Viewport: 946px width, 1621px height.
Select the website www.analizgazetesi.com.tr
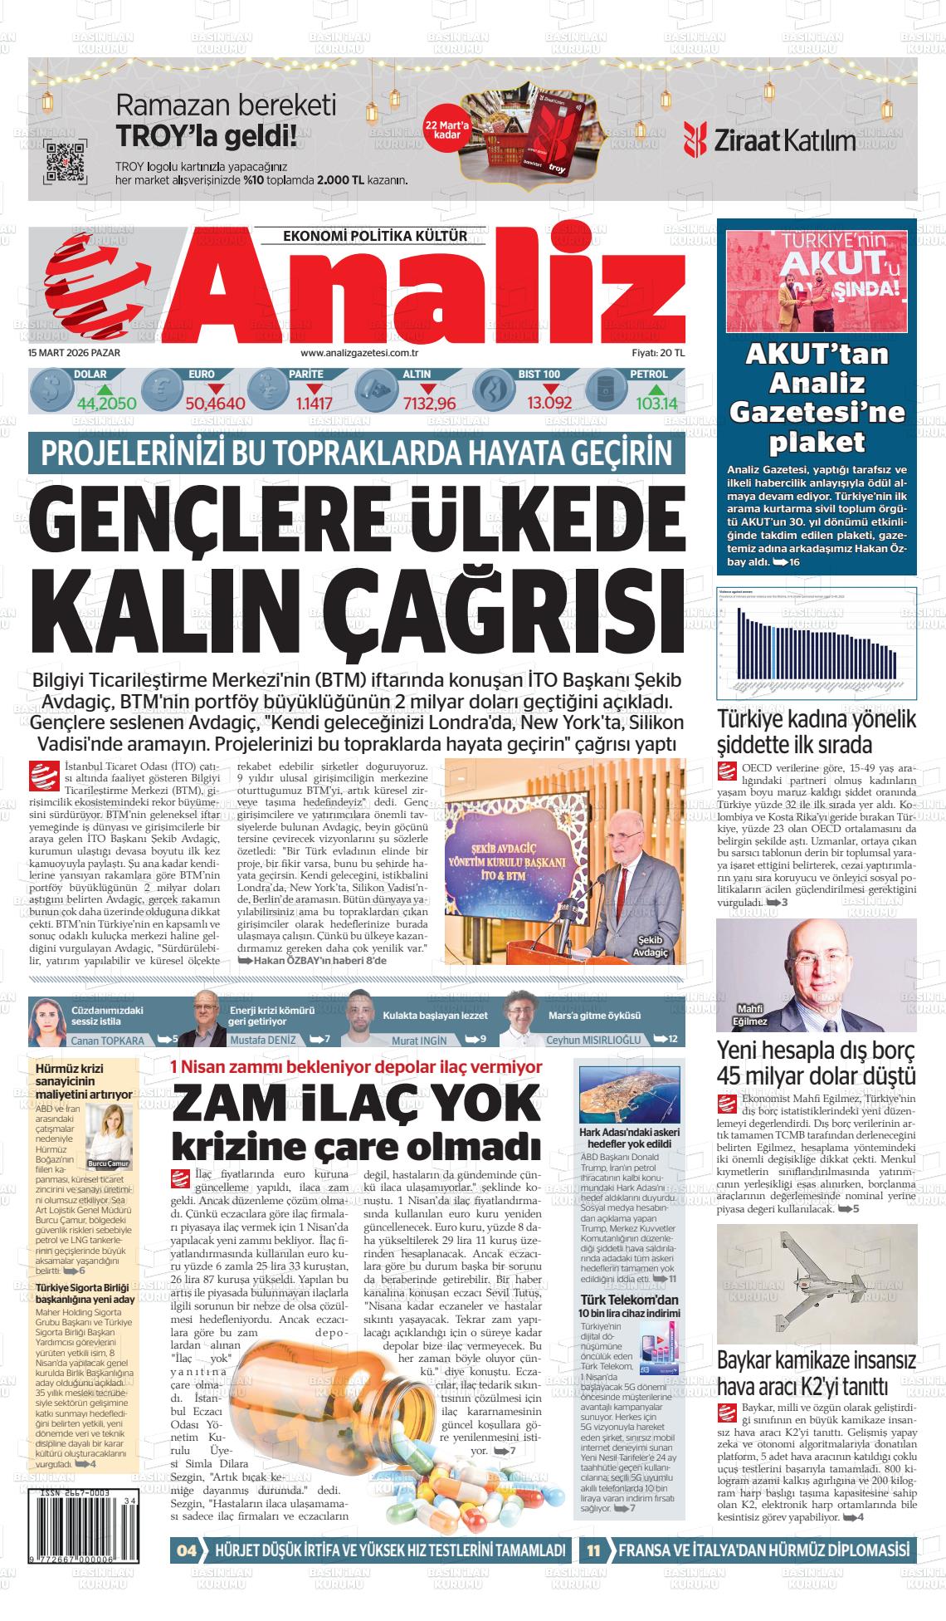coord(369,353)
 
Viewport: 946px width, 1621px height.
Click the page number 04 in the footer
coord(187,1550)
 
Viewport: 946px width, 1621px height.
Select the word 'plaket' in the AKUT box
coord(817,440)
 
